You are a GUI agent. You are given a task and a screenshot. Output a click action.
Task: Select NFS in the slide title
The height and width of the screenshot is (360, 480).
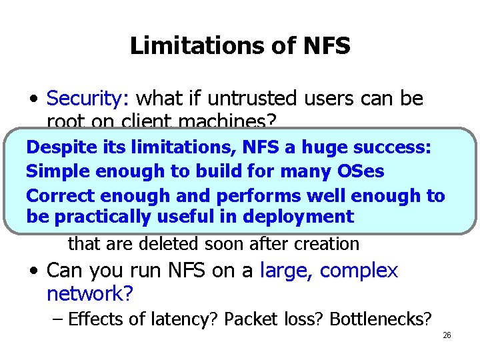(x=326, y=46)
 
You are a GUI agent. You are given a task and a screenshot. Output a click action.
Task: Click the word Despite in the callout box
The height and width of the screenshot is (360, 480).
(x=57, y=147)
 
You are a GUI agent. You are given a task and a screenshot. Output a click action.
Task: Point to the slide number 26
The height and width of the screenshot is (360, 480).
(x=447, y=335)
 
